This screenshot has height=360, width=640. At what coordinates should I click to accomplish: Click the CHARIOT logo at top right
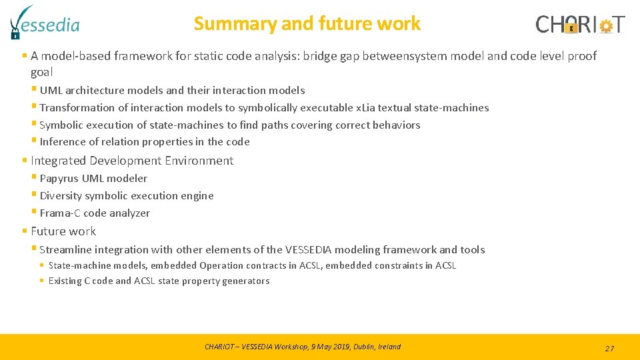[x=580, y=25]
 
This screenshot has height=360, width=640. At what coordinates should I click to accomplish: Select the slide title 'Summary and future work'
[x=307, y=23]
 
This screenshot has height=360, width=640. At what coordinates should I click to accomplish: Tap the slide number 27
[x=609, y=348]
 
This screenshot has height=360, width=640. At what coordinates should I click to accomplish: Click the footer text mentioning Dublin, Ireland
[x=303, y=347]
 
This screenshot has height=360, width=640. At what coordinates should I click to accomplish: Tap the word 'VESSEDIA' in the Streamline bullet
[x=309, y=250]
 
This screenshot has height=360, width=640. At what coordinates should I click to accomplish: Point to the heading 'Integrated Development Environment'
[x=132, y=161]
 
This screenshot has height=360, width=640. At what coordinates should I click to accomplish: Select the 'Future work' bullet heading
[x=63, y=231]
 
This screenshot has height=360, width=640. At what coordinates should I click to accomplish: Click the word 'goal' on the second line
[x=41, y=72]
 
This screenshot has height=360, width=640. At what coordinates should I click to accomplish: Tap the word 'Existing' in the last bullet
[x=65, y=281]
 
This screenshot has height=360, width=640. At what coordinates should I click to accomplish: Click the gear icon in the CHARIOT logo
[x=606, y=26]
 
